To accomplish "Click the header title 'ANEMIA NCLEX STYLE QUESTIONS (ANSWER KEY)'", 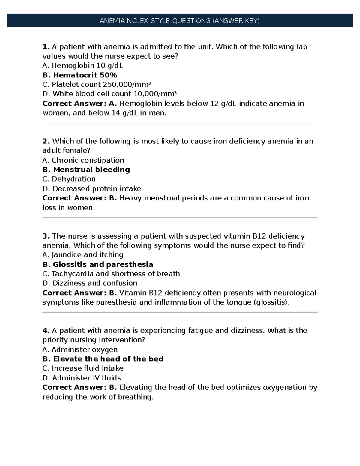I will click(x=180, y=21).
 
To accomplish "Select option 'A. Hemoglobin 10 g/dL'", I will click(x=83, y=65).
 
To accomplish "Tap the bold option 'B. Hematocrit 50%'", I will click(x=80, y=75).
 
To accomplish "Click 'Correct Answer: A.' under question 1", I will click(x=79, y=104).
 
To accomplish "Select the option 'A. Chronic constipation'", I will click(x=83, y=160).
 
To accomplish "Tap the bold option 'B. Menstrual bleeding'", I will click(x=86, y=170).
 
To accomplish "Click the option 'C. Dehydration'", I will click(x=69, y=179).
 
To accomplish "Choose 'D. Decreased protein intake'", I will click(x=92, y=189).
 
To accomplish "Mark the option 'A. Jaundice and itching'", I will click(x=83, y=255).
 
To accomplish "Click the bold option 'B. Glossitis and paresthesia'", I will click(x=98, y=264).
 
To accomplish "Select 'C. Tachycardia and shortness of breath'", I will click(x=111, y=274).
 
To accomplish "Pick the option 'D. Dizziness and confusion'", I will click(x=90, y=283).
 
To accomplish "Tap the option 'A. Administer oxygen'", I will click(x=80, y=350).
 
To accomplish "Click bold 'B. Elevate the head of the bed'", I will click(x=103, y=359).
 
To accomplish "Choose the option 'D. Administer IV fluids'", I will click(x=82, y=378).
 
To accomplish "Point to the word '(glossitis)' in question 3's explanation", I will click(x=272, y=302).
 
